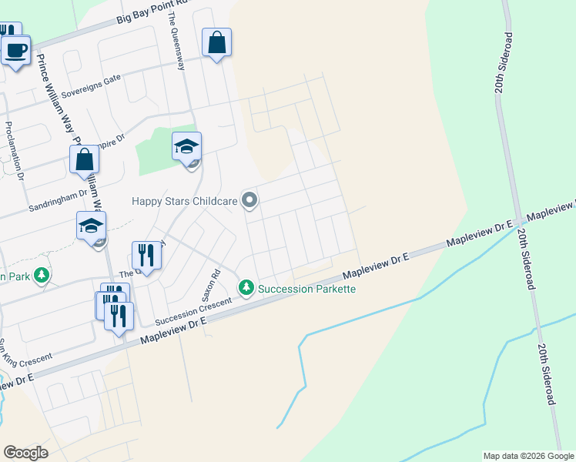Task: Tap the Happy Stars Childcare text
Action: point(183,201)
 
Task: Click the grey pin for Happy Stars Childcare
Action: point(249,201)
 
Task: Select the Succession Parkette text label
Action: point(306,289)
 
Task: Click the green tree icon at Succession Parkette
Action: point(246,288)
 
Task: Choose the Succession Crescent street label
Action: point(193,311)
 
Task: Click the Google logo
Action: point(25,452)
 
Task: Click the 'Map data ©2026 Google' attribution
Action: point(528,456)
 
